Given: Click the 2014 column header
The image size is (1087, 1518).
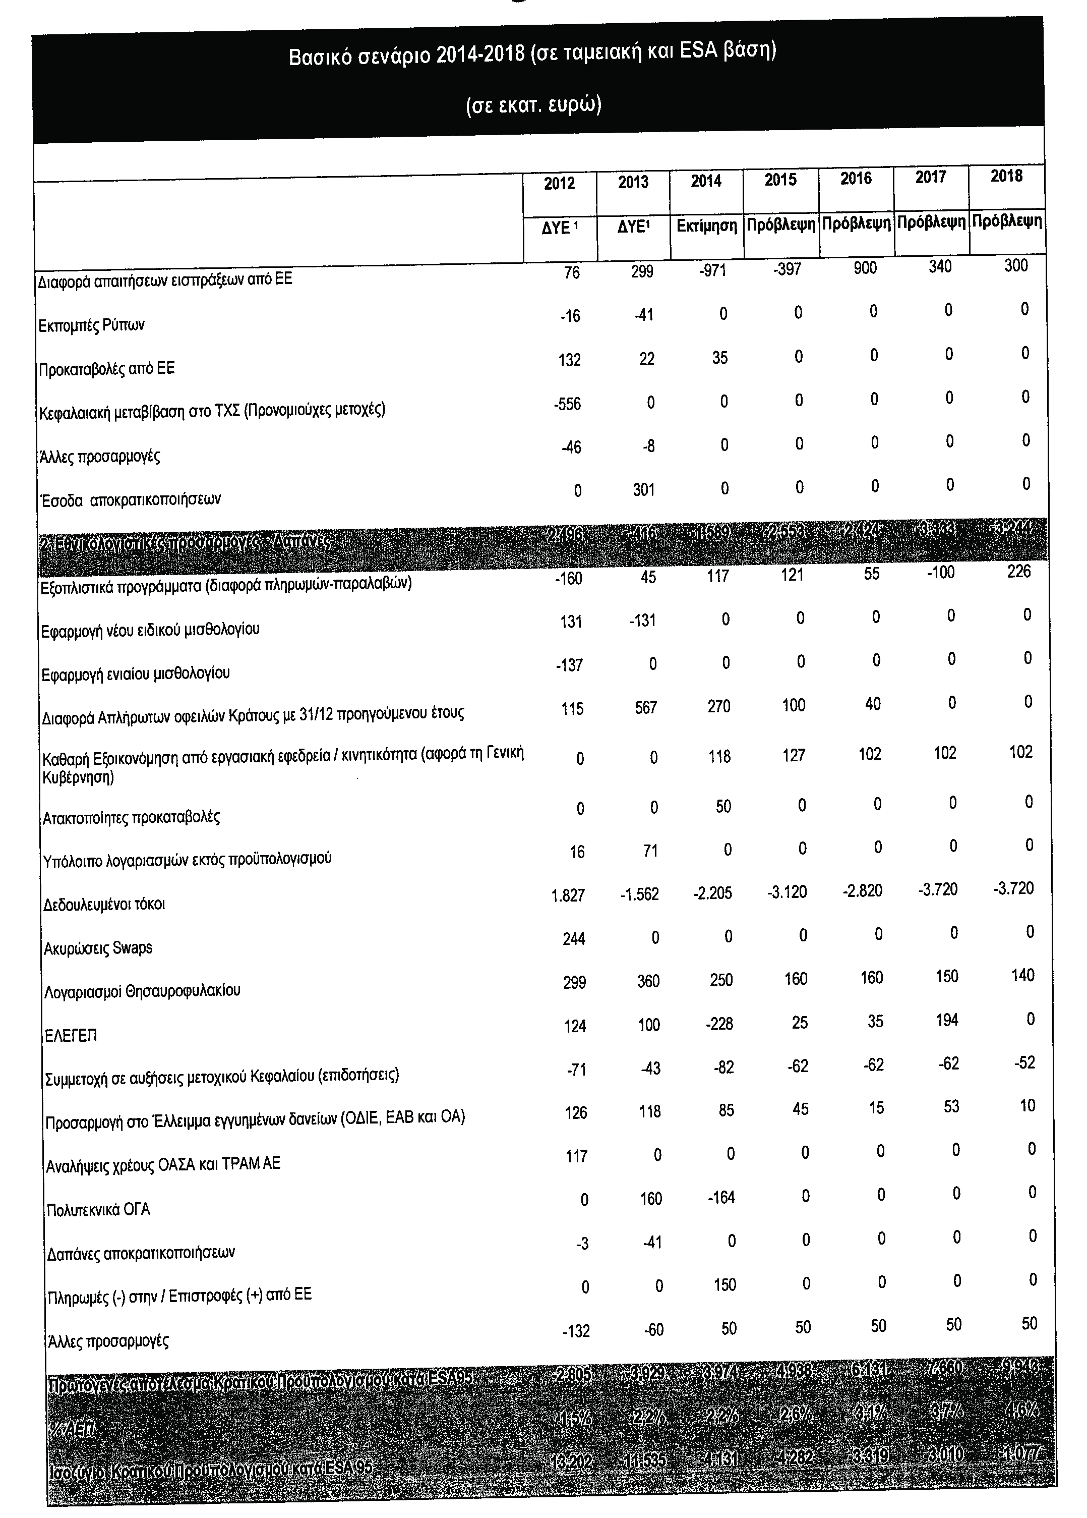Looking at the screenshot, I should click(706, 182).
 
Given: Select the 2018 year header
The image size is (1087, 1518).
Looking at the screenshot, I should click(1006, 176).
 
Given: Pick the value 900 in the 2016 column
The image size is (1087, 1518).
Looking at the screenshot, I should click(865, 268).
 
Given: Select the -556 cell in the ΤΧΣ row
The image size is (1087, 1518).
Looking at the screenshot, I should click(567, 404).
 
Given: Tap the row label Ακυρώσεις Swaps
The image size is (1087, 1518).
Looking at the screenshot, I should click(98, 948).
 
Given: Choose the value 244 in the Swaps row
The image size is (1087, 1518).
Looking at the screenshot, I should click(574, 939).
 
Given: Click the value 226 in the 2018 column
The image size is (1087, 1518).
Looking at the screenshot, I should click(1019, 571).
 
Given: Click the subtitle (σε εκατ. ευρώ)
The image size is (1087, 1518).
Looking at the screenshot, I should click(533, 105).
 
